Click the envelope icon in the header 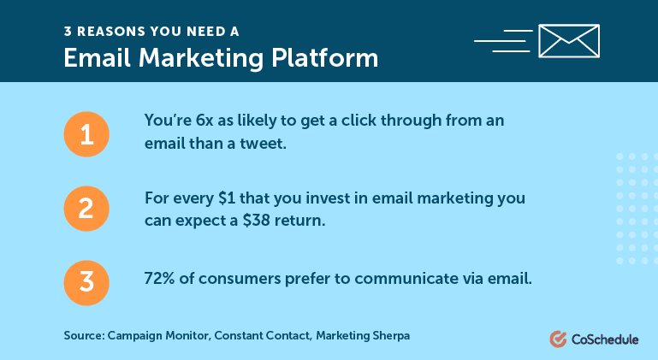(x=569, y=41)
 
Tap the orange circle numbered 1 (x=86, y=134)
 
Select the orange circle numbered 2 (x=86, y=209)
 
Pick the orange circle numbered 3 (x=86, y=283)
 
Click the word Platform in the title (x=325, y=58)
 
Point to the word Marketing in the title (x=201, y=58)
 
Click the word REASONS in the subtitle (x=110, y=32)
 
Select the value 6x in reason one (x=205, y=121)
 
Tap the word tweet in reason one (x=263, y=144)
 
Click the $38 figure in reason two (x=256, y=221)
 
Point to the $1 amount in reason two (x=227, y=198)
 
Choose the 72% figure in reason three (x=159, y=279)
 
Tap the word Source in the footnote (x=84, y=336)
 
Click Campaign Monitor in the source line (x=159, y=336)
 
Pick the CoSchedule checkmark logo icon (x=558, y=339)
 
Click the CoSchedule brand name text (x=605, y=339)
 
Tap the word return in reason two (x=299, y=221)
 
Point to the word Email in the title (x=98, y=58)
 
